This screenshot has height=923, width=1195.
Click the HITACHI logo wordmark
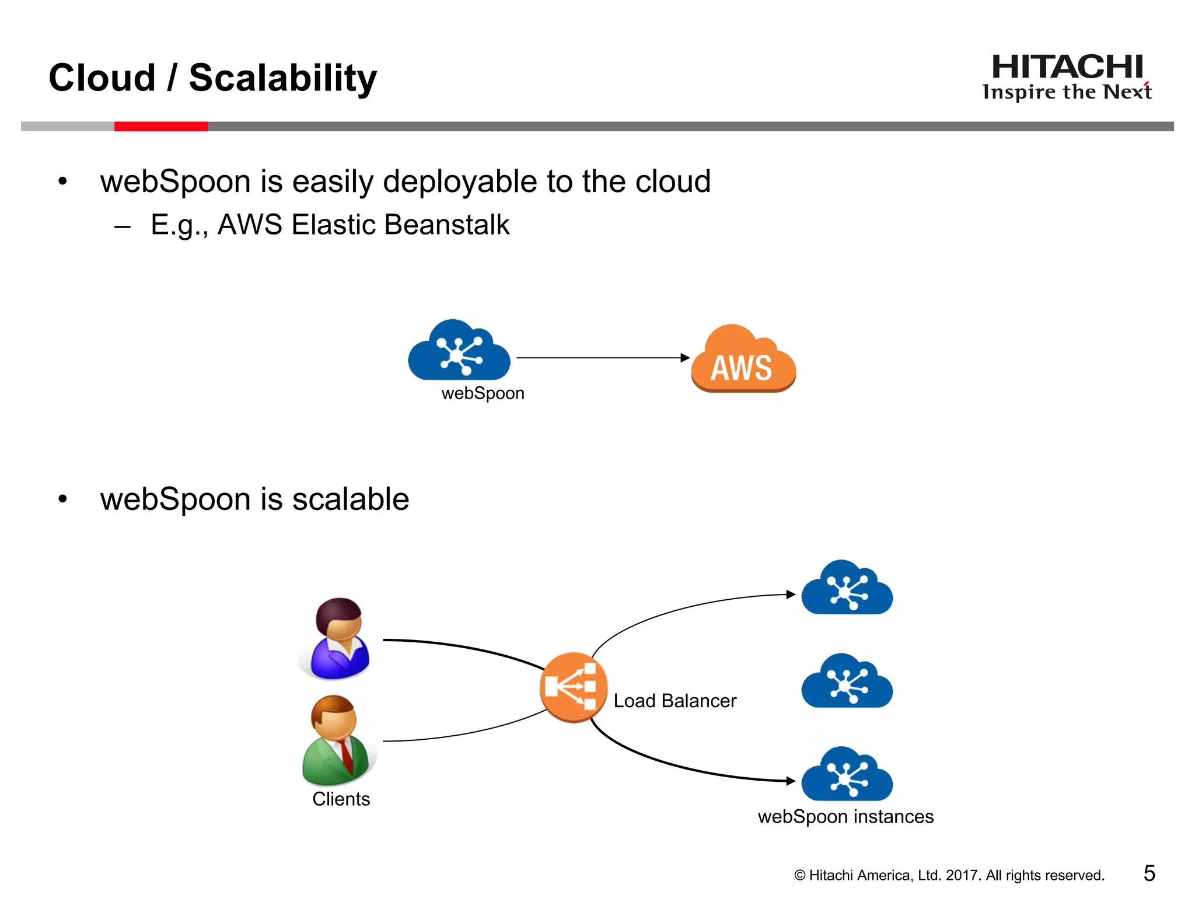pyautogui.click(x=1067, y=67)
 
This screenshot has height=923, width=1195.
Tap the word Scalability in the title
pyautogui.click(x=283, y=78)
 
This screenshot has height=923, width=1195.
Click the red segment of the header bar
pyautogui.click(x=161, y=127)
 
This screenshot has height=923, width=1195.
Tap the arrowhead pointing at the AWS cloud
pyautogui.click(x=685, y=358)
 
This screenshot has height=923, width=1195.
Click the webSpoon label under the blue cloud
pyautogui.click(x=483, y=393)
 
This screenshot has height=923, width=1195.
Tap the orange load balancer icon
pyautogui.click(x=573, y=687)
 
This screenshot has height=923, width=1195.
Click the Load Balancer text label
pyautogui.click(x=675, y=701)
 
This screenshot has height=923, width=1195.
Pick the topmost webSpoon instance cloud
pyautogui.click(x=847, y=589)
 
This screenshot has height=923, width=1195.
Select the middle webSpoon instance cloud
pyautogui.click(x=847, y=683)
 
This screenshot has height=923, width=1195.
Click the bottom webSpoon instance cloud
pyautogui.click(x=847, y=776)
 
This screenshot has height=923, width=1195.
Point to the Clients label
pyautogui.click(x=341, y=799)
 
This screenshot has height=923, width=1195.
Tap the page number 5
pyautogui.click(x=1149, y=873)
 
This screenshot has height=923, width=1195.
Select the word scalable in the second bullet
pyautogui.click(x=351, y=500)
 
